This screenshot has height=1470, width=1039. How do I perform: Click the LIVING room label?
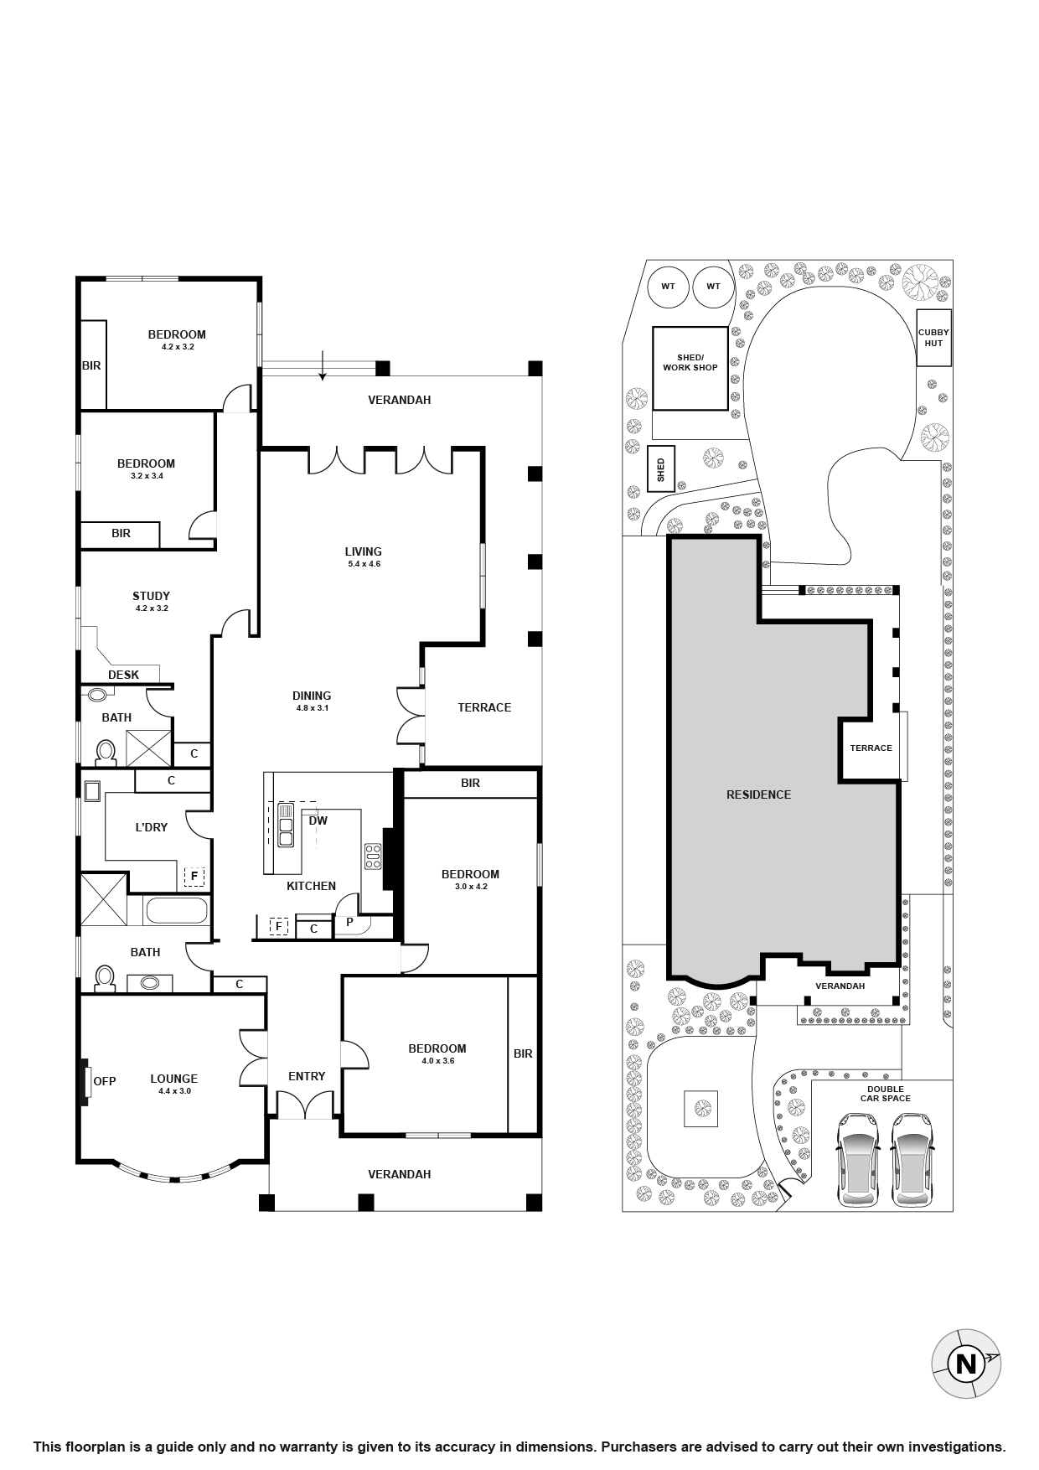coord(363,551)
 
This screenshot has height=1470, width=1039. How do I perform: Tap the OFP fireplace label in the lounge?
coord(105,1081)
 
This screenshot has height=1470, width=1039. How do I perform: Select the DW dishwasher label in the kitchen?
coord(318,820)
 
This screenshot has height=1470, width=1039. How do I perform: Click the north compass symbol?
coord(966,1364)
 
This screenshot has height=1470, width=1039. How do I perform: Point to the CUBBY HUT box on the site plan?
coord(933,338)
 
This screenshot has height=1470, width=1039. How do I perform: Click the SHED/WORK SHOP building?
coord(690,368)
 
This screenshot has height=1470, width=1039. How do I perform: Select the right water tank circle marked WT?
coord(713,287)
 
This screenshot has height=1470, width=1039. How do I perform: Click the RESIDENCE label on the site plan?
coord(758,795)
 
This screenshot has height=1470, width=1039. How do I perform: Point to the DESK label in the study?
coord(124,675)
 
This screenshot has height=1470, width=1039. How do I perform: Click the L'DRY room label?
coord(152,827)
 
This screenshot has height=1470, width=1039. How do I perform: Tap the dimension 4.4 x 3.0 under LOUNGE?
coord(173,1091)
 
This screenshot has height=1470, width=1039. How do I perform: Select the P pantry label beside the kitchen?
coord(349,923)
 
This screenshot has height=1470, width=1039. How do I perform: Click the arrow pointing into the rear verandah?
coord(323,368)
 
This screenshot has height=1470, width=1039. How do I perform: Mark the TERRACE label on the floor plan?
coord(484,707)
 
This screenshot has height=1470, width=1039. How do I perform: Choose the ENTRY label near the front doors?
coord(307,1076)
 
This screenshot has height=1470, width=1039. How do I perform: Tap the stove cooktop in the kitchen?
coord(372,856)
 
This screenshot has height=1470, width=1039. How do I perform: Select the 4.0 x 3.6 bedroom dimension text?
coord(437,1060)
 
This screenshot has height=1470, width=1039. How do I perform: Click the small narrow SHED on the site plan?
coord(660,469)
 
